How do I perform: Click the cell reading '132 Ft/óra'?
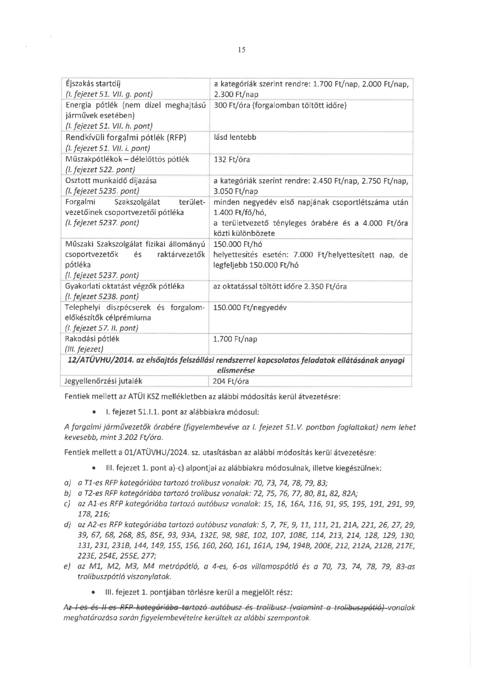(232, 159)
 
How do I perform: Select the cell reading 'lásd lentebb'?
(235, 137)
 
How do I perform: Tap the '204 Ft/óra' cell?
(231, 381)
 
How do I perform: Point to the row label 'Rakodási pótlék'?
(92, 339)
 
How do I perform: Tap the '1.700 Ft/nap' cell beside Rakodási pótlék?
(235, 339)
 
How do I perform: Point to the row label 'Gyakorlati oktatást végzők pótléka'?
(125, 286)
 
